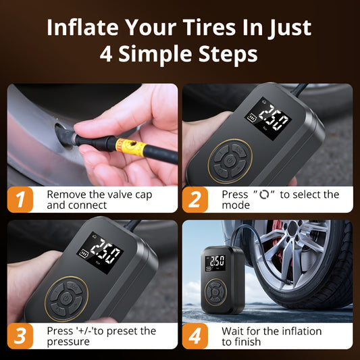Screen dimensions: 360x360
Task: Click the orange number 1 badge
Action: point(20,199)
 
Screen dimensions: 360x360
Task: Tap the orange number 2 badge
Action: point(195,199)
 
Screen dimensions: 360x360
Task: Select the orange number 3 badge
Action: point(20,336)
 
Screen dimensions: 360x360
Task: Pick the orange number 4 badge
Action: point(195,336)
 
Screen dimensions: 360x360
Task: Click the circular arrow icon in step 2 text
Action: point(264,195)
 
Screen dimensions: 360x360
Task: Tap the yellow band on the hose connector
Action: point(130,147)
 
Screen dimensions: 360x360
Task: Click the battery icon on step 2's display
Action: point(252,118)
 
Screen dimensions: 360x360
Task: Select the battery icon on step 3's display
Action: point(84,254)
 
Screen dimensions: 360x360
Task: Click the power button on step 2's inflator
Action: point(230,160)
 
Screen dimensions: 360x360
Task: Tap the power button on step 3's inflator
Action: point(66,298)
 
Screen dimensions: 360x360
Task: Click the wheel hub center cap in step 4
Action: point(292,229)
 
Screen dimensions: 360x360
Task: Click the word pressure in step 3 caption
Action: point(68,342)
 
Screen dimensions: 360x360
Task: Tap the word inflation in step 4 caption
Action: point(301,332)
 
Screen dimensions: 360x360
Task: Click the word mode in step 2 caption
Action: point(236,205)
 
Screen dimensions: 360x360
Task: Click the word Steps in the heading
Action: point(228,54)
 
